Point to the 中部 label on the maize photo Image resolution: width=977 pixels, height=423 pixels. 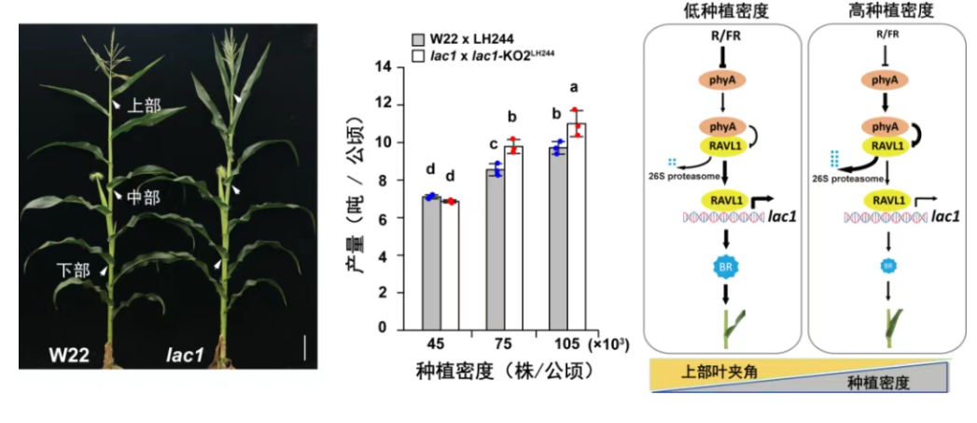point(145,197)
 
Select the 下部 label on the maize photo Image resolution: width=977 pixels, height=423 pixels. point(74,271)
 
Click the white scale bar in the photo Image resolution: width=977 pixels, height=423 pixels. point(304,348)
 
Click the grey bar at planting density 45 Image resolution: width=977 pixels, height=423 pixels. point(431,262)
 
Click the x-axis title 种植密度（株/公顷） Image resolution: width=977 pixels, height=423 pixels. point(504,371)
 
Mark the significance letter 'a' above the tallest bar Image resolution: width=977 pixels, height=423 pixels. point(575,88)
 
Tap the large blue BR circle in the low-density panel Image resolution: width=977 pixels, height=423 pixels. point(722,269)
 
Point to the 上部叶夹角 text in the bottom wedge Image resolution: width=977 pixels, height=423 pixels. point(716,371)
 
